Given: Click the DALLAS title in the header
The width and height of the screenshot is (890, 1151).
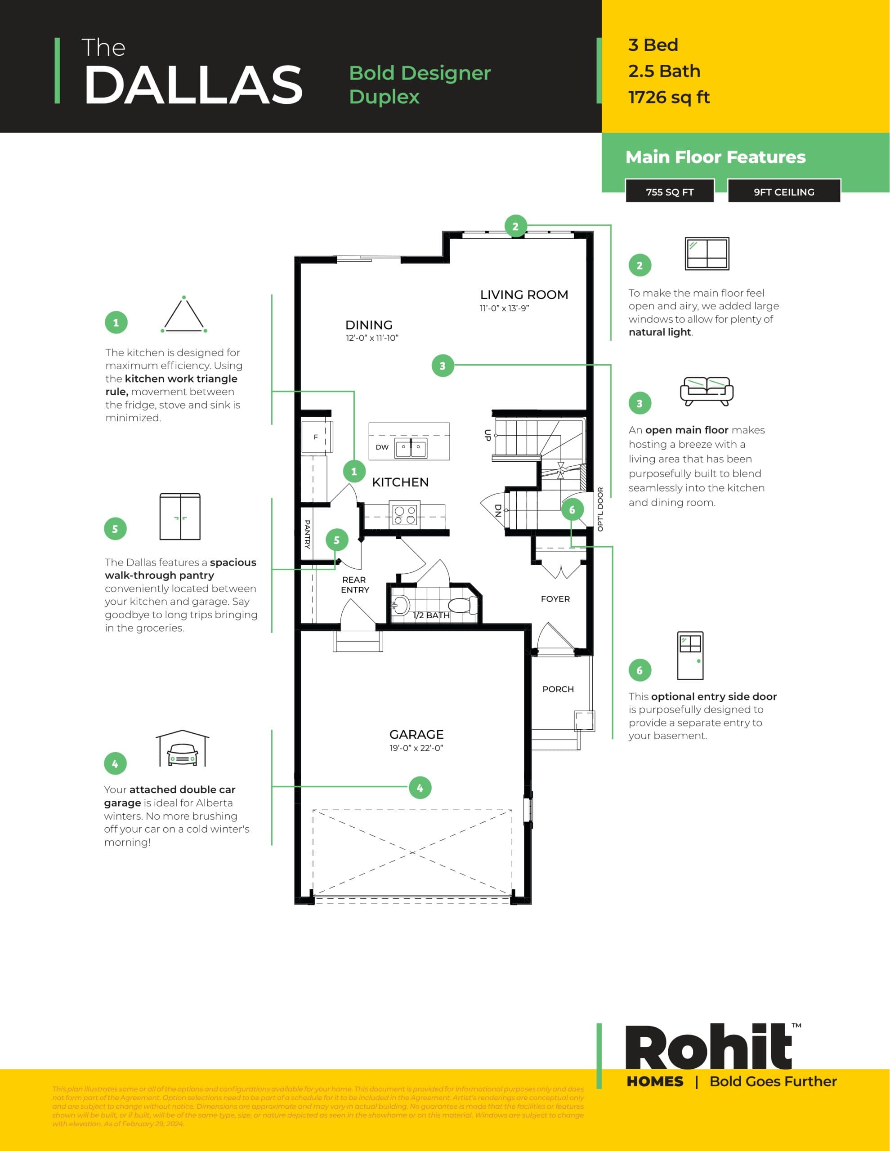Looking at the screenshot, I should [x=193, y=85].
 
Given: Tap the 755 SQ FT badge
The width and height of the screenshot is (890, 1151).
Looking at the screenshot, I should [x=670, y=192].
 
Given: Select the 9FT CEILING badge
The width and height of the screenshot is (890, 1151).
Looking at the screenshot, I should [x=783, y=192].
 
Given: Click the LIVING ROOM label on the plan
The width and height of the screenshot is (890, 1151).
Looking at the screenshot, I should [x=523, y=294].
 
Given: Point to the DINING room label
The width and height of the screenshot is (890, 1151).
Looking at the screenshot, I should [x=369, y=325].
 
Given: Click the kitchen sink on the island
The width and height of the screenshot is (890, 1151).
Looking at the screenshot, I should [x=411, y=447].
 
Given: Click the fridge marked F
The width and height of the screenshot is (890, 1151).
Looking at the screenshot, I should [x=316, y=437].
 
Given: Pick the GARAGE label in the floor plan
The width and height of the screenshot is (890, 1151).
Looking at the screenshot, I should [x=416, y=734].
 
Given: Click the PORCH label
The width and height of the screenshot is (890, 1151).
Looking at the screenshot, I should [x=558, y=689].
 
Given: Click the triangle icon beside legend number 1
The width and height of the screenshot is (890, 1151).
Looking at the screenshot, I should [x=183, y=315].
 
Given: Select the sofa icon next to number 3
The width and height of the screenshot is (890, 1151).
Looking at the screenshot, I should [x=707, y=391].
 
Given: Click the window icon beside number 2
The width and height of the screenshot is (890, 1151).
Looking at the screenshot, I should [x=707, y=254].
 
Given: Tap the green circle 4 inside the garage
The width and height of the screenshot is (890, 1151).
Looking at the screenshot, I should [x=420, y=788].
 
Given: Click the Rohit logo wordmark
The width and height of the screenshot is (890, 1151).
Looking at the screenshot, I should [x=708, y=1048].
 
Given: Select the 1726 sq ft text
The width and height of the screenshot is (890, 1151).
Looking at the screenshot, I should [x=669, y=98].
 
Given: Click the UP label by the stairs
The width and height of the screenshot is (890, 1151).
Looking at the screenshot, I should [x=487, y=435].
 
